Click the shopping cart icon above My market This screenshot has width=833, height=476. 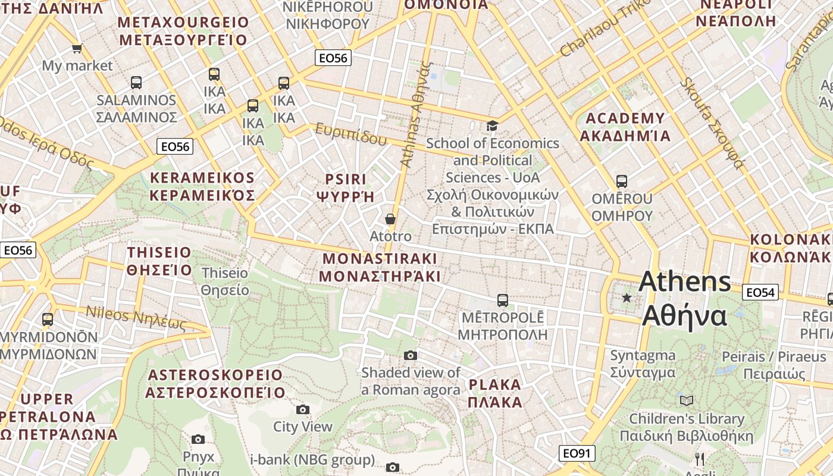[77, 48]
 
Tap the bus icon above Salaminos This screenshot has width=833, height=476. [136, 83]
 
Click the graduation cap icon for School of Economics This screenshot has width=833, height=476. [492, 126]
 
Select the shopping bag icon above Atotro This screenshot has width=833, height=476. [390, 219]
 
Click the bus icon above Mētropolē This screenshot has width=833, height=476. [503, 300]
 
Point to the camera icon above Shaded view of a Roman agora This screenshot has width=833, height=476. [411, 355]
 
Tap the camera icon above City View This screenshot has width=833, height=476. [303, 409]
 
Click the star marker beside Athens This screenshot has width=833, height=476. [627, 297]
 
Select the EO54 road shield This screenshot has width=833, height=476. [760, 292]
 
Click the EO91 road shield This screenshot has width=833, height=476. [577, 453]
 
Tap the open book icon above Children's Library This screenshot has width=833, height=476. [687, 401]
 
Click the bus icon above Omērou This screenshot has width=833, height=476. [622, 181]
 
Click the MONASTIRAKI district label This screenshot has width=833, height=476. [380, 267]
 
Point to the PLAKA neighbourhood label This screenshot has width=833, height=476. [495, 393]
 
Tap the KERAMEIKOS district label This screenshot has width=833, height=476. [202, 186]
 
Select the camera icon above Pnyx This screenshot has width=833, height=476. [198, 439]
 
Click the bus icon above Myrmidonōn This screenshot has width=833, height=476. [48, 320]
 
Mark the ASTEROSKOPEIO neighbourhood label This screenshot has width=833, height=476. [215, 384]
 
